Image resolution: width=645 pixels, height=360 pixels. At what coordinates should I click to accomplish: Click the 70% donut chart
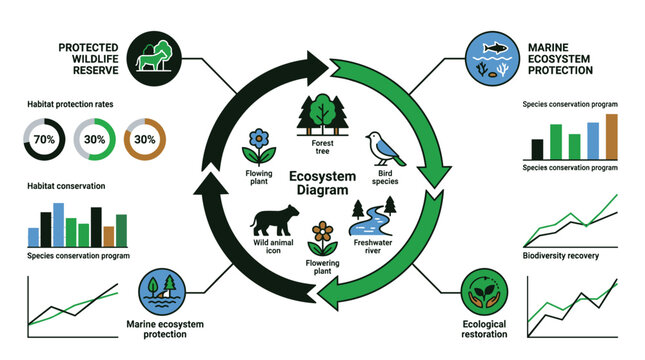[x=44, y=140]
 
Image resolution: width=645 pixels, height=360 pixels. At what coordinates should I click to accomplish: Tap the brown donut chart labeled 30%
[x=146, y=140]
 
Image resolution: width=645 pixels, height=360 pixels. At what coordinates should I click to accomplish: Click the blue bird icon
[x=384, y=151]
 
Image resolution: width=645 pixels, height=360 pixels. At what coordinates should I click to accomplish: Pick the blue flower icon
[x=259, y=146]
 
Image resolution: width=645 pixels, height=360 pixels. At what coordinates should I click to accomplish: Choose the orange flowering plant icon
[x=321, y=238]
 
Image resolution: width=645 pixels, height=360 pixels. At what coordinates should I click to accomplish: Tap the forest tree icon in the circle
[x=321, y=112]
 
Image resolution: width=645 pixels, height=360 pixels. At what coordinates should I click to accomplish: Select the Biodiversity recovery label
[x=561, y=257]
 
